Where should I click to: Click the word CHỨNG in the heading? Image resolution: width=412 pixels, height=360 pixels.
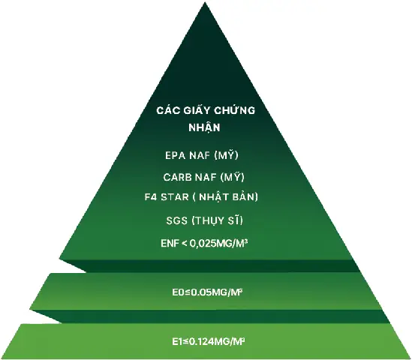tap(234, 110)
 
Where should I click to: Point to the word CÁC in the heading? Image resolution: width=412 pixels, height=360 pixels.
tap(168, 109)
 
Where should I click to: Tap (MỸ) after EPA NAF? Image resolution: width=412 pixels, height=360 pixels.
tap(226, 155)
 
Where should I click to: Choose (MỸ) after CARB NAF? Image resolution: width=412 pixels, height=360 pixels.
tap(233, 177)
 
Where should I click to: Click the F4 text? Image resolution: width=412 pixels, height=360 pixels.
tap(151, 197)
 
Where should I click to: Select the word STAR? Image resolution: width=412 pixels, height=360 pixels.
tap(175, 197)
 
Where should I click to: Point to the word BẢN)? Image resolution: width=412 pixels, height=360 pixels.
tap(245, 196)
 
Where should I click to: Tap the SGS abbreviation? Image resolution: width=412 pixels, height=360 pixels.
tap(177, 220)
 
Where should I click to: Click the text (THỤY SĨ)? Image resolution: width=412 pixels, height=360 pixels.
tap(218, 220)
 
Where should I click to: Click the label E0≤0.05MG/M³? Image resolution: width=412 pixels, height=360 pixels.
tap(207, 292)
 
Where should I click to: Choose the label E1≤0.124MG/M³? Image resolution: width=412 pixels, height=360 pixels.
tap(209, 341)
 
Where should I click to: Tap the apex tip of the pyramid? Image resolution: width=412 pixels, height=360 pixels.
tap(205, 2)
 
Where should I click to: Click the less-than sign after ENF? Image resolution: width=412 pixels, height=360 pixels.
tap(185, 244)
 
